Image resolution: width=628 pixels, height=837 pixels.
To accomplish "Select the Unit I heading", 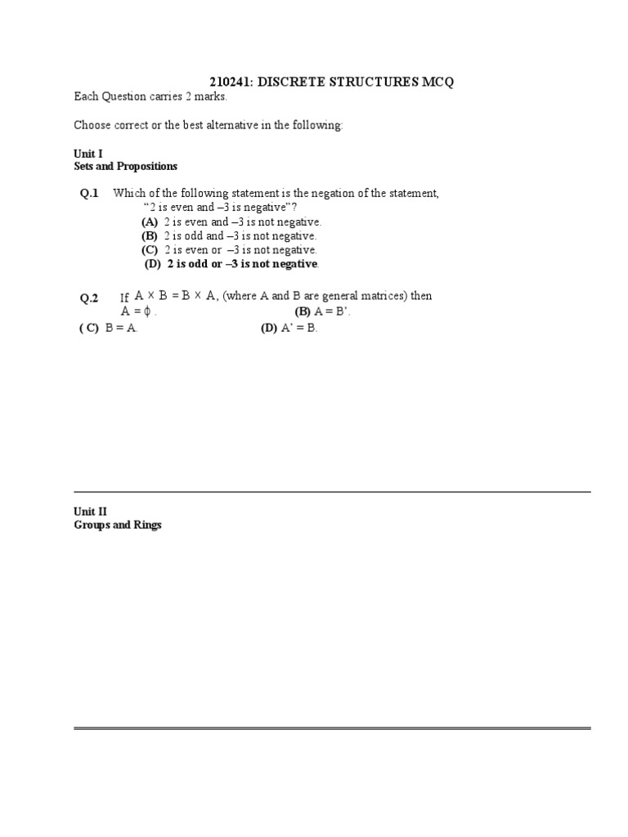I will click(88, 153).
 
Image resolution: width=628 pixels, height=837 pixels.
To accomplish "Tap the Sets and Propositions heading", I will click(125, 166).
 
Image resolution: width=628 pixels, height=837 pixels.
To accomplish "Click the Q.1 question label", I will click(89, 194).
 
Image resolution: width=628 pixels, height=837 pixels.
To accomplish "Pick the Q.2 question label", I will click(89, 298).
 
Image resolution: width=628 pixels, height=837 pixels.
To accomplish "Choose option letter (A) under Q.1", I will click(150, 222).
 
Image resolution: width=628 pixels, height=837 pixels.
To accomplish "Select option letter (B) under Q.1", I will click(150, 236).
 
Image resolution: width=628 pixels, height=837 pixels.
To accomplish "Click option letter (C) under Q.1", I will click(150, 250).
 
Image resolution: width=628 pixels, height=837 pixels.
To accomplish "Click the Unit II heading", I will click(90, 512).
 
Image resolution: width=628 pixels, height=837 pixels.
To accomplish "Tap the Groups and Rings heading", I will click(118, 525).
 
